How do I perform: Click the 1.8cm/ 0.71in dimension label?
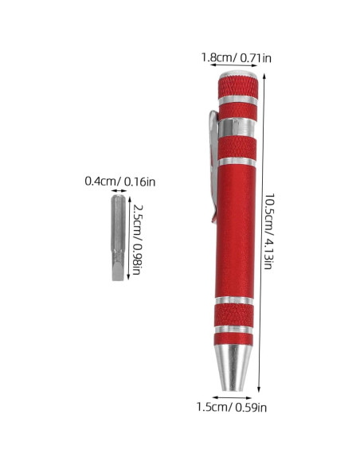(x=236, y=57)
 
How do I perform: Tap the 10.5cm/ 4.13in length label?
(x=269, y=232)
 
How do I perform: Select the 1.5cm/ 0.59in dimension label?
(x=232, y=407)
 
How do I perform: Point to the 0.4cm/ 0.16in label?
(x=119, y=182)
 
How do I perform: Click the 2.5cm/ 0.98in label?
(x=137, y=240)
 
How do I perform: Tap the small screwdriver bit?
(x=119, y=238)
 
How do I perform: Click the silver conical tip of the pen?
(x=233, y=368)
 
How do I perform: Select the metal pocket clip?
(x=213, y=166)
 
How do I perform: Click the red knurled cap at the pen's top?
(x=238, y=87)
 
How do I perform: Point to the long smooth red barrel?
(x=236, y=232)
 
